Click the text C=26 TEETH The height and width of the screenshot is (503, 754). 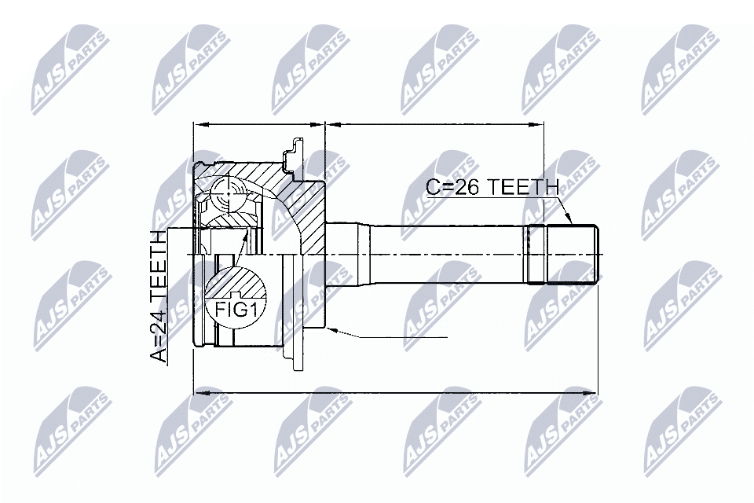(x=492, y=187)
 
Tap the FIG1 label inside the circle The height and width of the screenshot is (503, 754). (x=236, y=309)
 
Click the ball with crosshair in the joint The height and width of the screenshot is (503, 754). (x=228, y=190)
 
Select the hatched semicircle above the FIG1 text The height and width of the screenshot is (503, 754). (x=236, y=280)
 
